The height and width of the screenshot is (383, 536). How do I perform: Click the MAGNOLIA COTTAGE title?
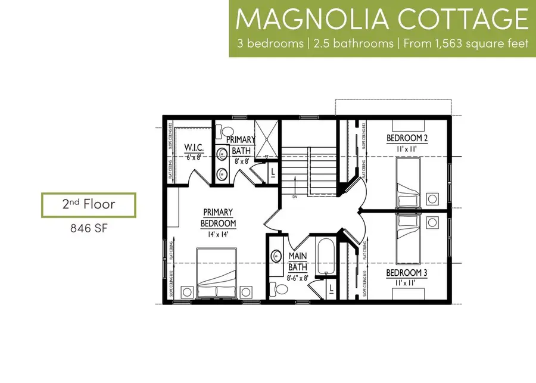point(382,19)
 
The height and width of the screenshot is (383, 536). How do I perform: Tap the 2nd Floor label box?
point(88,205)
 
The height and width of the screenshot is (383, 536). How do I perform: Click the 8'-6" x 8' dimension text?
point(297,277)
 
